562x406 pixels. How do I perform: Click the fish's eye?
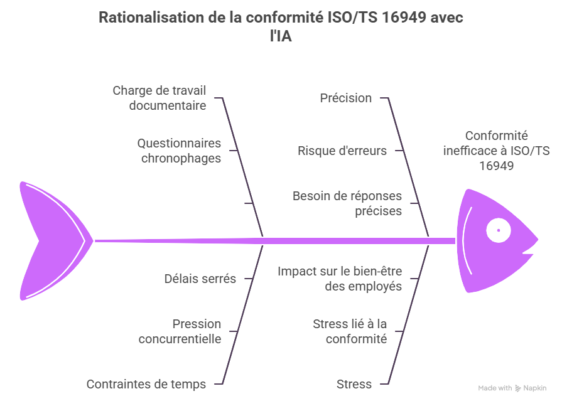(499, 230)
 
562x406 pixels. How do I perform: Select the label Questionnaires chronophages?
(180, 151)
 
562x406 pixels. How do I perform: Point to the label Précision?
(345, 98)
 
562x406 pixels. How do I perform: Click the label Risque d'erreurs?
(342, 151)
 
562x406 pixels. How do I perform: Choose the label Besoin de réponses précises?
(347, 203)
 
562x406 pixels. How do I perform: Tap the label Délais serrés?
(200, 279)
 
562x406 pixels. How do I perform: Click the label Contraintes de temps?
(146, 384)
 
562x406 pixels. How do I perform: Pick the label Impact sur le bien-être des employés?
(340, 279)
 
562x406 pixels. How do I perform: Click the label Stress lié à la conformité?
(350, 331)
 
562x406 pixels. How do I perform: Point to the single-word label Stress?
(354, 384)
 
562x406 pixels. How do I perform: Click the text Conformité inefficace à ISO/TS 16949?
(496, 151)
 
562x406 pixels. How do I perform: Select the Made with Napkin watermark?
(512, 388)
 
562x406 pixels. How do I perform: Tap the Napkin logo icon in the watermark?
(518, 388)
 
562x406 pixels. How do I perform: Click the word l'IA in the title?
(281, 36)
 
